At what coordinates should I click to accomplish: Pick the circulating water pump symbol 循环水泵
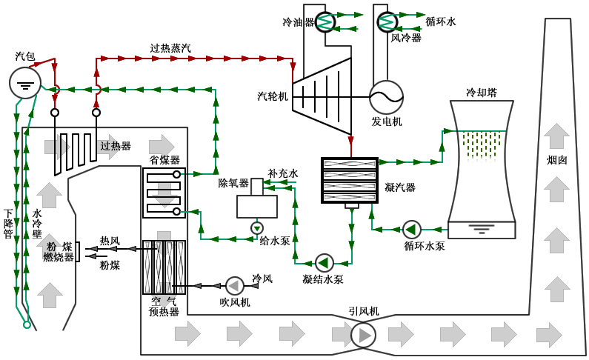pos(412,228)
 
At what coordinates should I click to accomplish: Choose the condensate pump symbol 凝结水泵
pos(325,261)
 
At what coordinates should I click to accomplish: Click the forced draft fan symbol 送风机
pos(234,285)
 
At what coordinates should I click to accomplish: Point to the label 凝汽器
pos(400,186)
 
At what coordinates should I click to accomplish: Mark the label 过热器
pos(115,146)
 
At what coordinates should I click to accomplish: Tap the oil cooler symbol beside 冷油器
pos(326,22)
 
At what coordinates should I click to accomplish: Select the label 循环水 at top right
pos(442,23)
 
